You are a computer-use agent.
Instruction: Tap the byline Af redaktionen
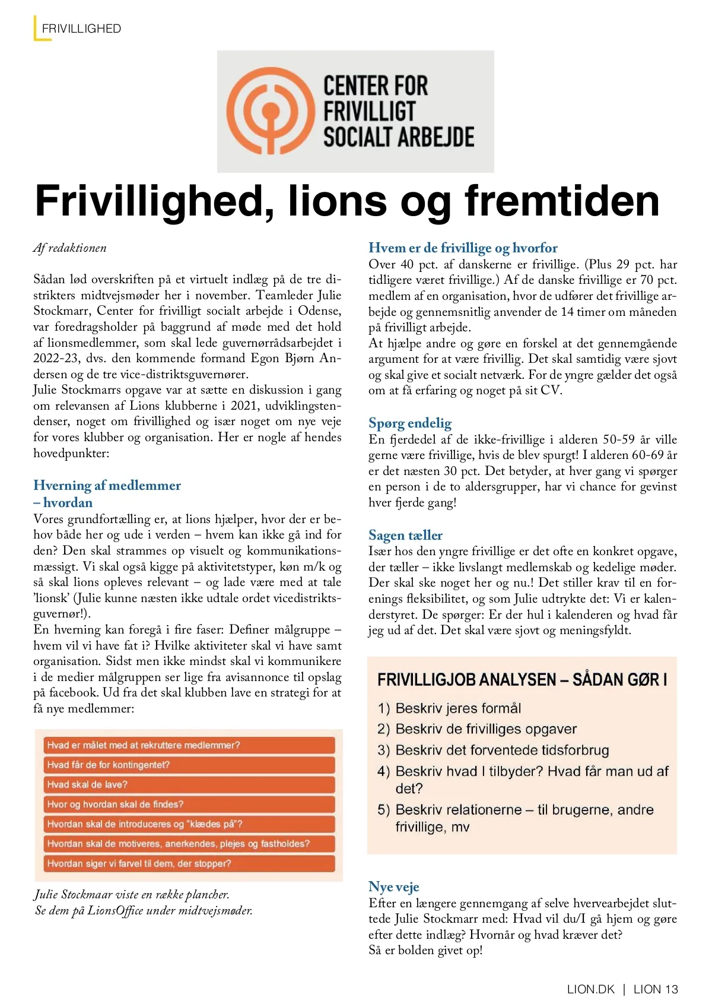[x=70, y=248]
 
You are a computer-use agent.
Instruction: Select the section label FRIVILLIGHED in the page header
[x=81, y=28]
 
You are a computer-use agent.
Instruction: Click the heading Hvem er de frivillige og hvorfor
[x=463, y=248]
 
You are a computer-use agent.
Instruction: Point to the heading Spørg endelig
[x=410, y=423]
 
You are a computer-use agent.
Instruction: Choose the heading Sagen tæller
[x=405, y=535]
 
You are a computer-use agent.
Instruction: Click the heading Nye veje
[x=393, y=886]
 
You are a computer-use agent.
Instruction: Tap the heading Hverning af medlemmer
[x=107, y=485]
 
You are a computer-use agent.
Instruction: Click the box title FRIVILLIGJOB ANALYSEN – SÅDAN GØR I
[x=522, y=679]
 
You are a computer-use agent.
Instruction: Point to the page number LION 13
[x=655, y=989]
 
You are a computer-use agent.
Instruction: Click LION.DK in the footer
[x=591, y=989]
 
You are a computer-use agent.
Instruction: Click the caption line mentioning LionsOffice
[x=144, y=910]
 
